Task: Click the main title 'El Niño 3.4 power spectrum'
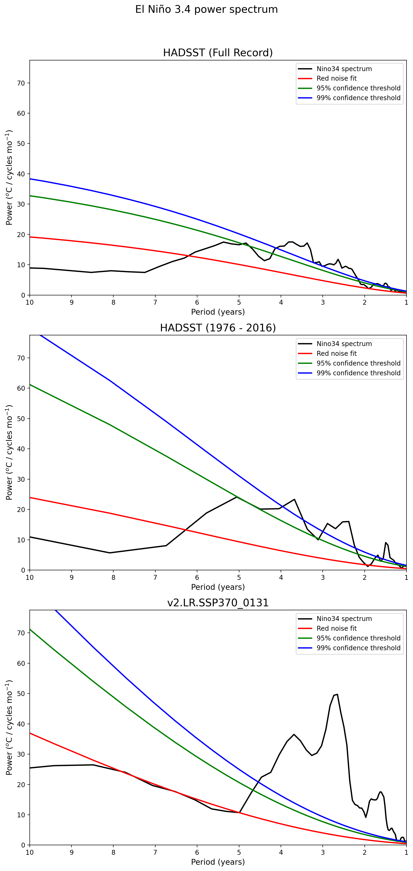(x=206, y=10)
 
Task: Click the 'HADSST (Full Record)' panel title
(x=218, y=53)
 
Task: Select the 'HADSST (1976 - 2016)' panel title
(x=218, y=328)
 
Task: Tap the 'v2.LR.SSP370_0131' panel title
(x=218, y=603)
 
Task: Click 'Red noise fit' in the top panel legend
(x=336, y=79)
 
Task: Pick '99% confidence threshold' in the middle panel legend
(x=358, y=373)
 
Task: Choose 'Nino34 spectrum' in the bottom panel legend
(x=344, y=619)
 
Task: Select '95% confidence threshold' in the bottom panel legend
(x=358, y=638)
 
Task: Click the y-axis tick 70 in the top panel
(x=21, y=83)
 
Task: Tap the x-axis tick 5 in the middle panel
(x=239, y=577)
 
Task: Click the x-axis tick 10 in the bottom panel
(x=30, y=852)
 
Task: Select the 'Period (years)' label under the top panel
(x=218, y=312)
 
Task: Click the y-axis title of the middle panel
(x=9, y=452)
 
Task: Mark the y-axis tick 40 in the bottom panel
(x=21, y=724)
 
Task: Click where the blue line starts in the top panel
(x=30, y=179)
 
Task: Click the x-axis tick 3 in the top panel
(x=323, y=302)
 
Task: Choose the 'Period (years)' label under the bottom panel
(x=218, y=862)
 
